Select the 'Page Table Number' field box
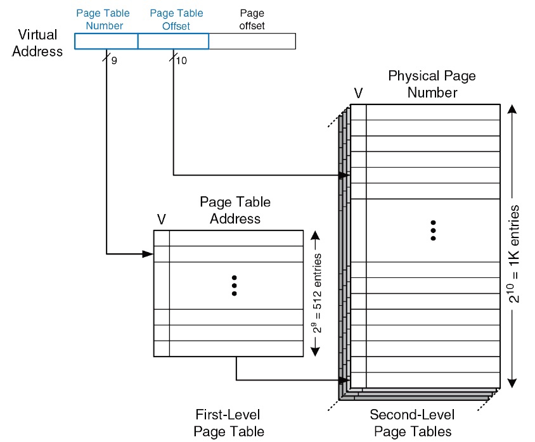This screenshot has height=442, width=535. point(106,41)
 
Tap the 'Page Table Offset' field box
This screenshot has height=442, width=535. point(173,41)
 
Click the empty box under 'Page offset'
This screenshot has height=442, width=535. point(252,41)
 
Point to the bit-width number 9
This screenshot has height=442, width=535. point(114,61)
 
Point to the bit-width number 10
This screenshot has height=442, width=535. point(181,61)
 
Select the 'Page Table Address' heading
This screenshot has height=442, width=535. point(235,210)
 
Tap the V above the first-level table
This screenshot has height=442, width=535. point(161,219)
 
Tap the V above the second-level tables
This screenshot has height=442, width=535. point(358,94)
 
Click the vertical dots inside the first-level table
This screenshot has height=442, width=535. point(234,286)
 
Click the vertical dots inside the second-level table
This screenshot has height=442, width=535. point(432,230)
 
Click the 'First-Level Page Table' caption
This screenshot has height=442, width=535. point(228,423)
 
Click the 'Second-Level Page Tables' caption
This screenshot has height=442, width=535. point(413,423)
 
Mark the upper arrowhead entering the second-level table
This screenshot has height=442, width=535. point(345,175)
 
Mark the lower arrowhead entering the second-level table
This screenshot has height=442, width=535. point(345,381)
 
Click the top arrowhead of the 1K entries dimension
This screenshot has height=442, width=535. point(513,109)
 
